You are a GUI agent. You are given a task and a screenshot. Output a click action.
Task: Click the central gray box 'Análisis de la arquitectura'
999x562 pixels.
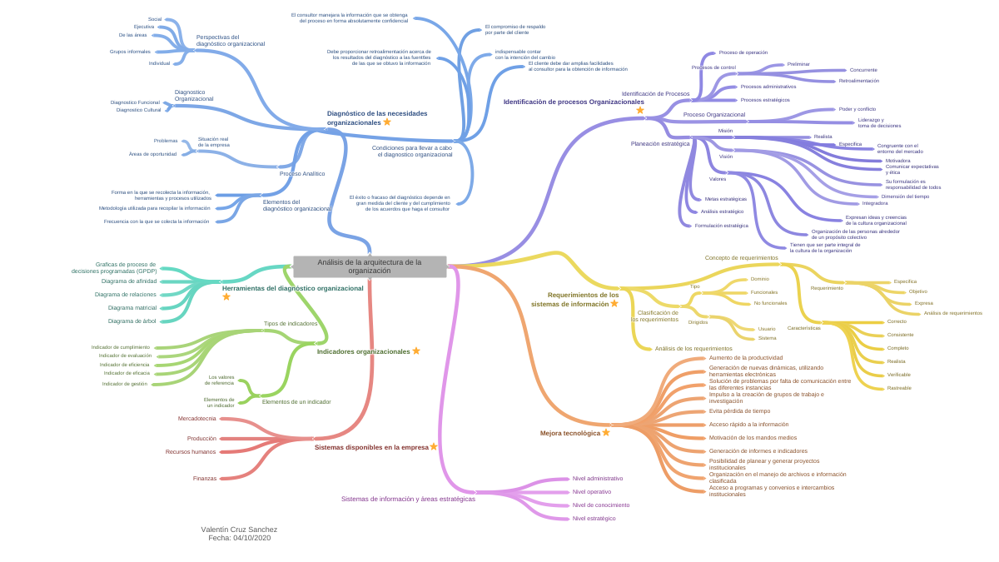tap(370, 266)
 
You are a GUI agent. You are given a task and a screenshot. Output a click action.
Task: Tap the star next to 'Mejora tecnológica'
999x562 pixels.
tap(606, 432)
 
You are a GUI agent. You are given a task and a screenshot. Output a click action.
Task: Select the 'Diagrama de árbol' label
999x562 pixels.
tap(132, 321)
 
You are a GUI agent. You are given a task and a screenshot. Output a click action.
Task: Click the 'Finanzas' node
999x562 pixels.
tap(205, 478)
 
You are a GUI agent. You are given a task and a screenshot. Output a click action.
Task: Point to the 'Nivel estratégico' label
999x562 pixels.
tap(594, 518)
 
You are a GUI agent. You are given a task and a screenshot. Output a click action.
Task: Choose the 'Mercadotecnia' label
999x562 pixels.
tap(197, 418)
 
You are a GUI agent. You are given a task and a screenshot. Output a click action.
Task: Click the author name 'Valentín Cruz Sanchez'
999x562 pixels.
tap(239, 530)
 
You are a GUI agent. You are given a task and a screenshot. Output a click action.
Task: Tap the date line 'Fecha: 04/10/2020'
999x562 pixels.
tap(239, 538)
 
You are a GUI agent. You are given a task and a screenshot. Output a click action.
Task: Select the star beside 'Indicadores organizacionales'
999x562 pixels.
tap(416, 351)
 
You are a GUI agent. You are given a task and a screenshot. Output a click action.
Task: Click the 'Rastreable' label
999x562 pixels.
tap(899, 388)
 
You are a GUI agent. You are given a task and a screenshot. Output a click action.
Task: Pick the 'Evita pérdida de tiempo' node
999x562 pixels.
tap(739, 410)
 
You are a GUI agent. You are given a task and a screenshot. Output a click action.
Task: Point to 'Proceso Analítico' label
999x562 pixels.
tap(302, 173)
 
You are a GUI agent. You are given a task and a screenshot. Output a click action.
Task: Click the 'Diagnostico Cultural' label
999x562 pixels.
tap(139, 110)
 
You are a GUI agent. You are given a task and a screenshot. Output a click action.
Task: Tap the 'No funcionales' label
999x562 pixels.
tap(770, 303)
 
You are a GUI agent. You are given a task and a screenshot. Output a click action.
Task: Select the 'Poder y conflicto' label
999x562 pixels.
tap(857, 109)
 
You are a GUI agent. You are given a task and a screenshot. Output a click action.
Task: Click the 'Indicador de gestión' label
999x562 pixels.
tap(125, 384)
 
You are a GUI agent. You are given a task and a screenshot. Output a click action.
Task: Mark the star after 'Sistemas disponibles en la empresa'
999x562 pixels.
tap(434, 446)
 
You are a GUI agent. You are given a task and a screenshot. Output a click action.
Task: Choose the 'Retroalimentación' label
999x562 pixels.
tap(859, 81)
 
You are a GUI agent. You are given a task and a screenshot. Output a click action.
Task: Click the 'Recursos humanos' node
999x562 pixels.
tap(191, 451)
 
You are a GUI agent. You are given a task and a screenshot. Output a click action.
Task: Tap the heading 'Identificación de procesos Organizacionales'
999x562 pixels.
tap(574, 102)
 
